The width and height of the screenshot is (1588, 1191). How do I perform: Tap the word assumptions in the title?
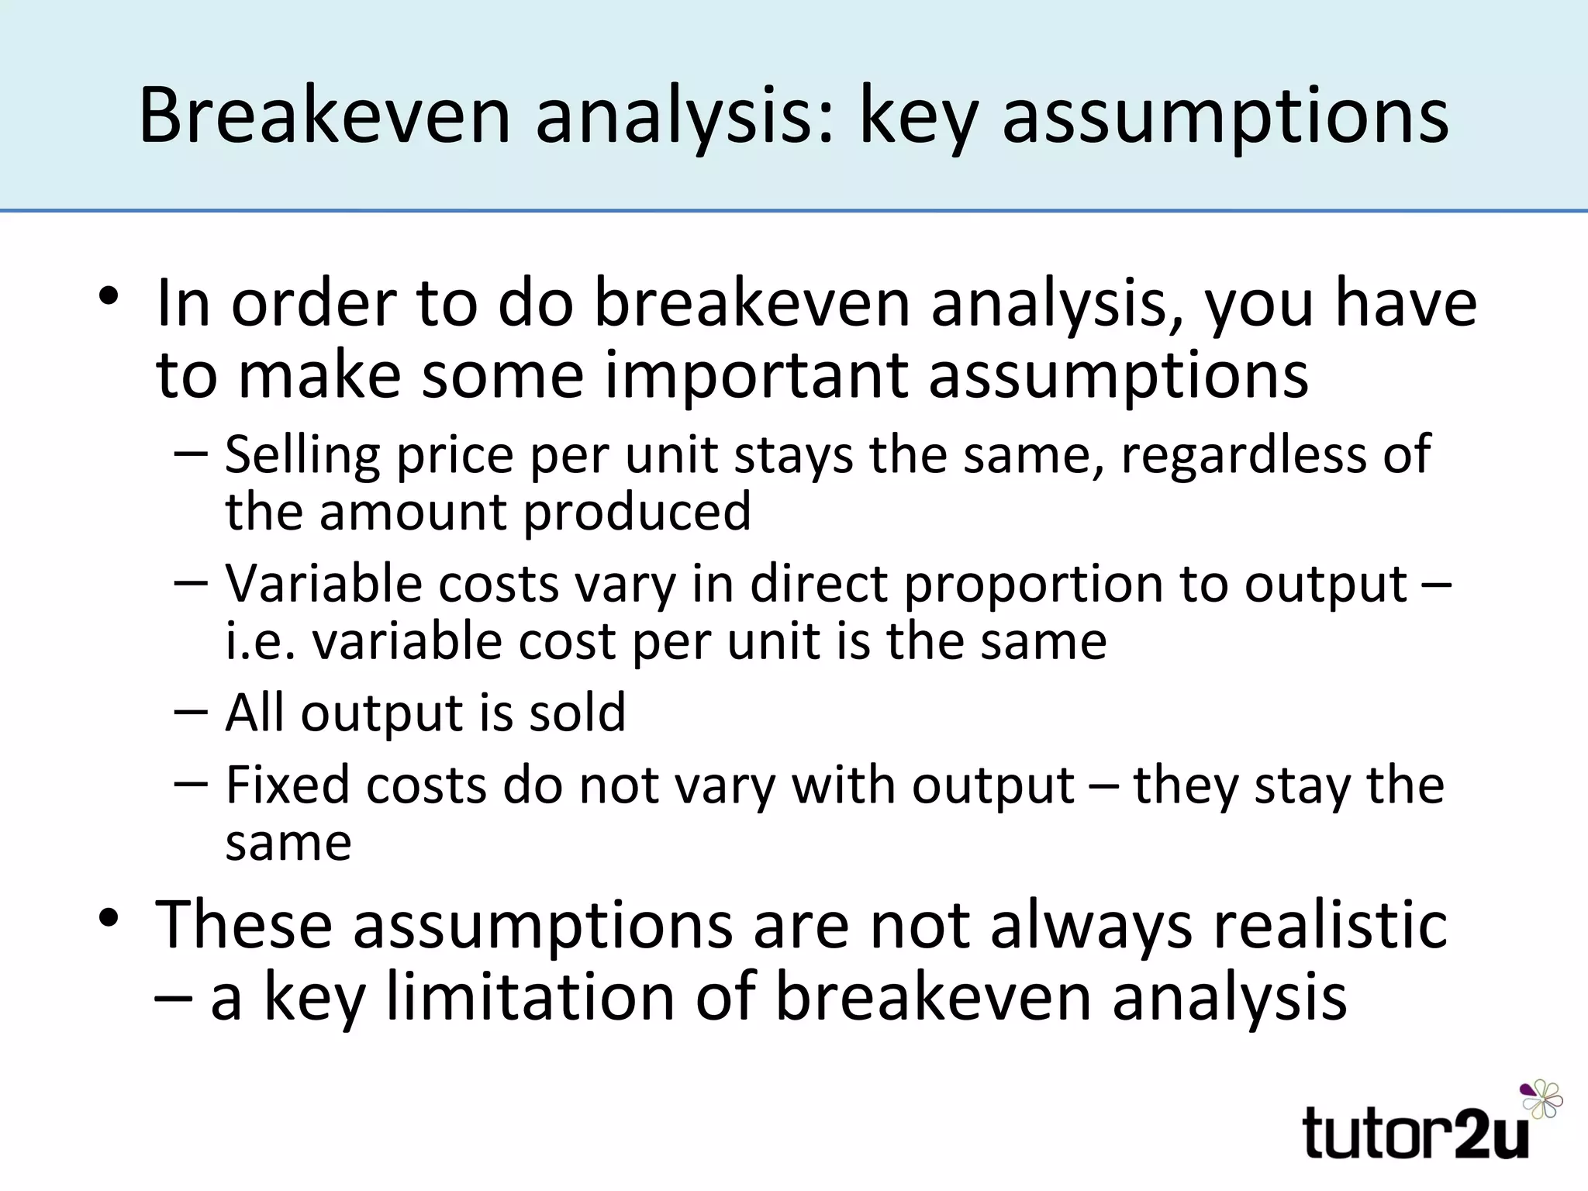click(1225, 116)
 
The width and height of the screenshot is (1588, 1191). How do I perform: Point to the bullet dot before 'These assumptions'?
click(108, 918)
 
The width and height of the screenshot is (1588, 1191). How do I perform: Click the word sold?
click(577, 713)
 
